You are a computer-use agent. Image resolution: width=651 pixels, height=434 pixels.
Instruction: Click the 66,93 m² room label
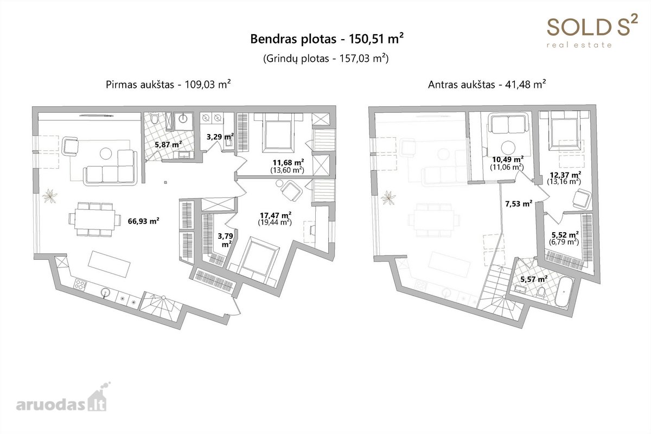click(x=143, y=221)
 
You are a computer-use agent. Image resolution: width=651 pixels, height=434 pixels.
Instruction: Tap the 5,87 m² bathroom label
click(x=168, y=144)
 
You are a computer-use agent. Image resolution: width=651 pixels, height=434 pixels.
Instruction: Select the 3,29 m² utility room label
click(x=220, y=136)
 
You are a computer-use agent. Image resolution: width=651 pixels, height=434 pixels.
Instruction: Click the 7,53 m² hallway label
click(x=519, y=204)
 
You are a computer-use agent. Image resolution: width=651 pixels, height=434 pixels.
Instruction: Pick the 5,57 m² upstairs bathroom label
click(x=534, y=279)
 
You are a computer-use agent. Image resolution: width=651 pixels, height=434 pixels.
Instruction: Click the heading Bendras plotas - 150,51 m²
click(x=327, y=39)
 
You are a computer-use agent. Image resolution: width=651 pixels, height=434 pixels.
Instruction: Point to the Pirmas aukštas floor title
click(x=168, y=85)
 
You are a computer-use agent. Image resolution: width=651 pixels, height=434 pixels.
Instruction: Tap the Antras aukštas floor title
click(x=487, y=85)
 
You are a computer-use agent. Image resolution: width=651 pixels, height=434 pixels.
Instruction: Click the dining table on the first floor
click(x=95, y=220)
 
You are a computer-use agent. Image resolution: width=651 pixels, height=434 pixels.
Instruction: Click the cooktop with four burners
click(x=80, y=284)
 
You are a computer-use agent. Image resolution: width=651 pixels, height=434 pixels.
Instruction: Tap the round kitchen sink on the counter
click(x=105, y=292)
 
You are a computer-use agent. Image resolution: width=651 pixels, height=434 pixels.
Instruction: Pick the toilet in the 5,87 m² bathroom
click(x=154, y=118)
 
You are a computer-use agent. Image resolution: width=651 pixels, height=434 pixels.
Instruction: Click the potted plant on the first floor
click(x=50, y=196)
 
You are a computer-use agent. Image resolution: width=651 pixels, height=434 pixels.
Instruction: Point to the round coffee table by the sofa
click(x=106, y=153)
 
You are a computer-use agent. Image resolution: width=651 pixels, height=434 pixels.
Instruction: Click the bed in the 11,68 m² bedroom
click(x=277, y=133)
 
